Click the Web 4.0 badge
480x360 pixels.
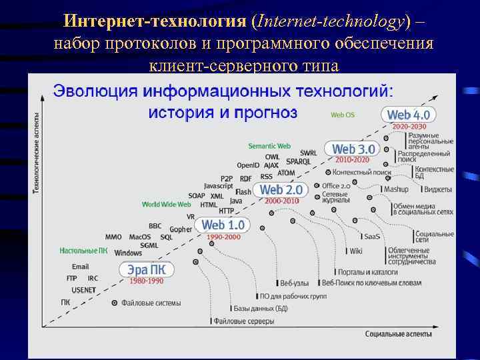coord(409,115)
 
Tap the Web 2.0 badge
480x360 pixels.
coord(281,190)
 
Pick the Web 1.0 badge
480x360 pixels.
coord(223,225)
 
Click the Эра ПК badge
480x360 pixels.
coord(147,270)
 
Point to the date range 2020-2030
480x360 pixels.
coord(409,127)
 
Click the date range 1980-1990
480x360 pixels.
coord(146,281)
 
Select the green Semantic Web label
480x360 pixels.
coord(269,146)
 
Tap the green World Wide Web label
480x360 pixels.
coord(166,205)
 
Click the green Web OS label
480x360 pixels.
coord(343,115)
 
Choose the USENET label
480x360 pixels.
coord(83,290)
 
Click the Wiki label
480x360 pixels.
coord(356,251)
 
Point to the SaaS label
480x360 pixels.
coord(372,237)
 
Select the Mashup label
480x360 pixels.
coord(396,189)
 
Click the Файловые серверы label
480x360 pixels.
coord(244,321)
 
